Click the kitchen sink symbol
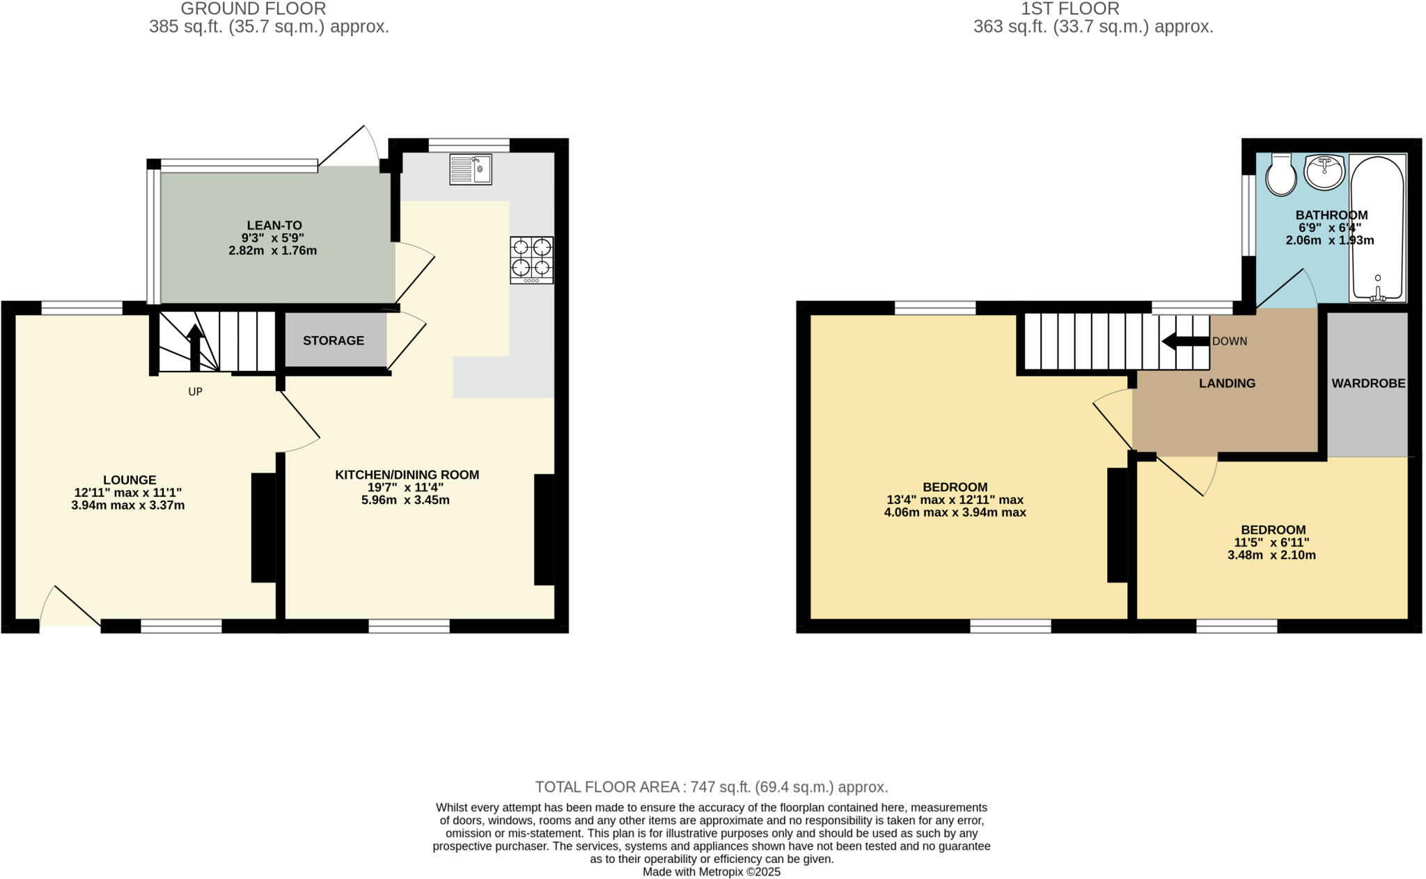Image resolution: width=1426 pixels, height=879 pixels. (471, 169)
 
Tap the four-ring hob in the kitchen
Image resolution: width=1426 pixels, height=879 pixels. (531, 260)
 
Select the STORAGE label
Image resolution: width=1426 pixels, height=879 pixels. (334, 340)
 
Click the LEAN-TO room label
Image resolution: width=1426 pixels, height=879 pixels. (274, 225)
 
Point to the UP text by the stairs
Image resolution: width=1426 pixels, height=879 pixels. (195, 392)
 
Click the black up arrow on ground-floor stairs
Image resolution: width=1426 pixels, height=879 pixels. (195, 348)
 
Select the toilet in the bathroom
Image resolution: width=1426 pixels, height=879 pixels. (1280, 175)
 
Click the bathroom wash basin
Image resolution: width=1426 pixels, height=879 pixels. (1324, 171)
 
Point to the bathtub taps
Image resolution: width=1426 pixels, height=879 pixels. (1377, 294)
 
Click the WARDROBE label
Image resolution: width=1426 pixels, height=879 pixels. (1368, 383)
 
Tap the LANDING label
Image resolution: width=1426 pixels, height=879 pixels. (1227, 383)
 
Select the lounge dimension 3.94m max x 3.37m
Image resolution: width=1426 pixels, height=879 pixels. (128, 506)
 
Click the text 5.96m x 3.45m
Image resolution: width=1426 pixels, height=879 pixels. (405, 500)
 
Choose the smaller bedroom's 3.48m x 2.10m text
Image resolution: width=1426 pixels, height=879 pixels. (1271, 555)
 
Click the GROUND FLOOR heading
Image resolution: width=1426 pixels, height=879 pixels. (253, 9)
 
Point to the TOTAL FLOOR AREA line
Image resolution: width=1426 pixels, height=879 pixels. (712, 787)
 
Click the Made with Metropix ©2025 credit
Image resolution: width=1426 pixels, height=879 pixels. (712, 872)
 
